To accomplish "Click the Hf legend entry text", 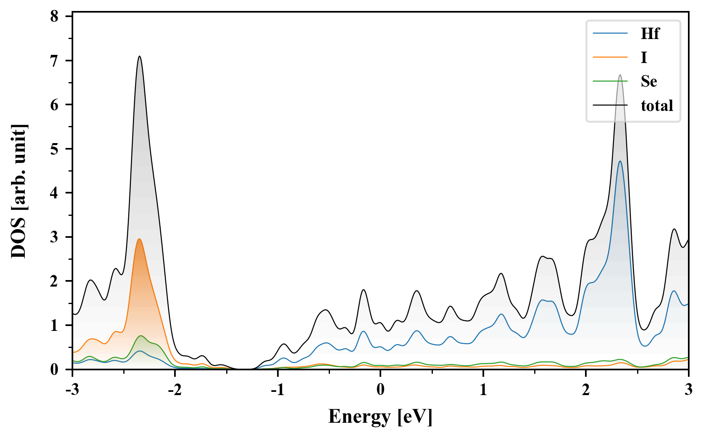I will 650,34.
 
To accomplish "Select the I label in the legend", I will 644,58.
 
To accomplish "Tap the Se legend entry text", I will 648,81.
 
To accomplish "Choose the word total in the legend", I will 657,106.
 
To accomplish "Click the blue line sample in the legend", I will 610,34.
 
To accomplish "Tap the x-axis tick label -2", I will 175,390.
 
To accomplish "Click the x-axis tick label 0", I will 380,390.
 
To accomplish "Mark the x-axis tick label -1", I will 277,390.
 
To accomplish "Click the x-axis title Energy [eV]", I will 380,417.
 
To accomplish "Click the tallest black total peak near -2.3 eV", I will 140,57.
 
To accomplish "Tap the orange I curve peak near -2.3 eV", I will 140,239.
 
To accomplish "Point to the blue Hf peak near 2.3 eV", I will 620,161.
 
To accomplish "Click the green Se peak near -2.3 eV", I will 141,336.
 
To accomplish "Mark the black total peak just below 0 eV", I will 363,290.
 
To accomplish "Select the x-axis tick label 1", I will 483,390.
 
